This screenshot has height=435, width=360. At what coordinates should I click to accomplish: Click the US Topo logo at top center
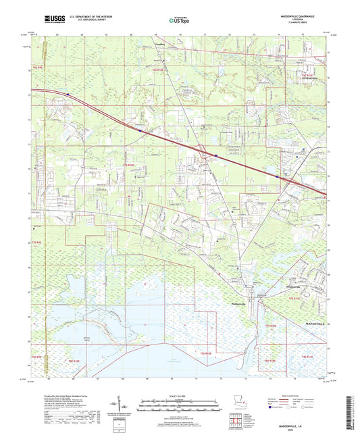click(178, 20)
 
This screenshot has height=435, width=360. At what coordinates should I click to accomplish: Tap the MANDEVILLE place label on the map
click(311, 325)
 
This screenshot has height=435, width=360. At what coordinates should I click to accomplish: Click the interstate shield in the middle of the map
click(215, 154)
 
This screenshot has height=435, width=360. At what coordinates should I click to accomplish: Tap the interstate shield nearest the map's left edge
click(68, 94)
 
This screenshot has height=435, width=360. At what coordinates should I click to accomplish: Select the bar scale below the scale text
click(178, 403)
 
